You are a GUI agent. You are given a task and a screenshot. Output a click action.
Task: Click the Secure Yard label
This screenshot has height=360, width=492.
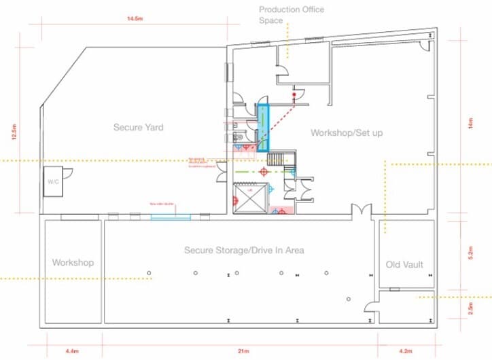[138, 127]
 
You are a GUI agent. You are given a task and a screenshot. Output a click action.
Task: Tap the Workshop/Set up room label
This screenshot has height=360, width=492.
[347, 132]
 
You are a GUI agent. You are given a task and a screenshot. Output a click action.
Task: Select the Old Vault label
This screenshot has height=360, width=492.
[404, 264]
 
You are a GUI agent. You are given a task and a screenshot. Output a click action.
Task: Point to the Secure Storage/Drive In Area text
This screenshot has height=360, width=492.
[244, 251]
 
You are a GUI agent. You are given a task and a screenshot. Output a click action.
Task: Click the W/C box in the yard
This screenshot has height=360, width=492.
[54, 182]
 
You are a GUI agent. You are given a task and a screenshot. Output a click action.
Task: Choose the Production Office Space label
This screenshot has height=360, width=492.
[292, 15]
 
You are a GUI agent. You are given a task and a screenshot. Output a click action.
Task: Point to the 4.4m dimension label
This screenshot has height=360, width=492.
[71, 351]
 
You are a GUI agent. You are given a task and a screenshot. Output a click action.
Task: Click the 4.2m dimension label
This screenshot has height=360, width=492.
[405, 351]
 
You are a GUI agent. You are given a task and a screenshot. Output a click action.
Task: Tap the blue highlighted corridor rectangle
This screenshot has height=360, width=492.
[262, 127]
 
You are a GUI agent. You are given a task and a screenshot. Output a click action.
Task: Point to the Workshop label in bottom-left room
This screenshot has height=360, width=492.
[73, 262]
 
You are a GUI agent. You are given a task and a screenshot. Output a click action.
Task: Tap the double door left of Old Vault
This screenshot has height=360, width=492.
[360, 211]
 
